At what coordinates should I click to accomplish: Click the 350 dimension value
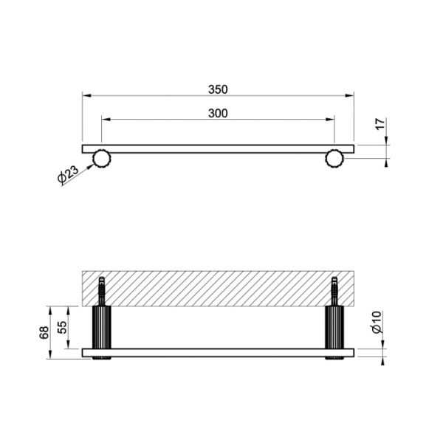pyautogui.click(x=218, y=89)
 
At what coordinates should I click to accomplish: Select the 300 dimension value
pyautogui.click(x=218, y=113)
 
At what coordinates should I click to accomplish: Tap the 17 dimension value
pyautogui.click(x=380, y=124)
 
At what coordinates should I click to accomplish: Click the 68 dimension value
pyautogui.click(x=44, y=332)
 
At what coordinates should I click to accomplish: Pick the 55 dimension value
pyautogui.click(x=63, y=327)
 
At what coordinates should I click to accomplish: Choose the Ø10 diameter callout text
pyautogui.click(x=377, y=323)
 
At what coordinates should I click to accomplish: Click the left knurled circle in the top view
pyautogui.click(x=102, y=159)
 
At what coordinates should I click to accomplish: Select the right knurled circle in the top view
pyautogui.click(x=334, y=159)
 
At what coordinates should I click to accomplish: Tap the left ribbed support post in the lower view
pyautogui.click(x=102, y=327)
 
